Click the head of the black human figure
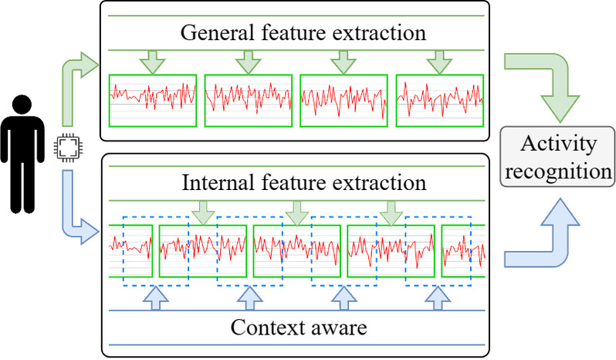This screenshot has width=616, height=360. [22, 104]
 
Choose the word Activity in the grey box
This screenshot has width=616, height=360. [559, 144]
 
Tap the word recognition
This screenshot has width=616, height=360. [558, 172]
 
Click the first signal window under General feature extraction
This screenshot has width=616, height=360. [153, 100]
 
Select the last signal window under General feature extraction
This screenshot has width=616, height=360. [440, 100]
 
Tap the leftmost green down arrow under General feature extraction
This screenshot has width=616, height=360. [152, 62]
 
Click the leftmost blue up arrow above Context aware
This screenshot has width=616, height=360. [156, 298]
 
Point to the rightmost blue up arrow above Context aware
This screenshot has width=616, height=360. [438, 298]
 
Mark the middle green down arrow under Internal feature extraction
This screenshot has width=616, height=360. [297, 213]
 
